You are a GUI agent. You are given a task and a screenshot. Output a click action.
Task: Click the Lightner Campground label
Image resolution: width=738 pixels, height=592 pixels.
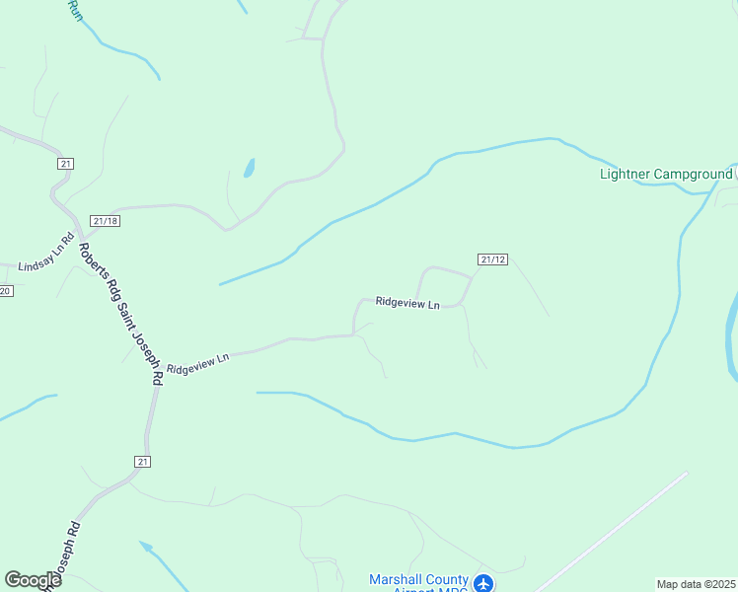point(666,175)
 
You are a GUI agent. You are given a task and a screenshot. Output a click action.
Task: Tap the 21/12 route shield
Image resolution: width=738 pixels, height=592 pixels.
point(492,259)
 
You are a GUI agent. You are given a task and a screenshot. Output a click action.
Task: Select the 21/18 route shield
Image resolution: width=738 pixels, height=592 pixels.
point(105,221)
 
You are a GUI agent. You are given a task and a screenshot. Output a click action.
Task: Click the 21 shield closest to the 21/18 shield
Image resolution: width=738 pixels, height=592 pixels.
point(66,164)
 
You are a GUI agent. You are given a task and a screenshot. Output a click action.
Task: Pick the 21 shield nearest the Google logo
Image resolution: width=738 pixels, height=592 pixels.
point(143,461)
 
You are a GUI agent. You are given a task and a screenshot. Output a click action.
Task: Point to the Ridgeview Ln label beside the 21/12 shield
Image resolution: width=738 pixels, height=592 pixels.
point(406,303)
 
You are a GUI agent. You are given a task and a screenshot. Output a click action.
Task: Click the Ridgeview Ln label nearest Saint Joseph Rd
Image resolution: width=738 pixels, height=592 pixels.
point(197,363)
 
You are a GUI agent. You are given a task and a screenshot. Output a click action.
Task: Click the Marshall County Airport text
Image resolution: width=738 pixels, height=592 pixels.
point(418,580)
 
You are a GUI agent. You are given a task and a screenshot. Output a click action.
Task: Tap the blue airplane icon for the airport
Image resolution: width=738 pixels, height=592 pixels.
point(483,583)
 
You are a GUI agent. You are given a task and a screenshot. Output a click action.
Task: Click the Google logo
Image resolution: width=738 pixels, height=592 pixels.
point(33,580)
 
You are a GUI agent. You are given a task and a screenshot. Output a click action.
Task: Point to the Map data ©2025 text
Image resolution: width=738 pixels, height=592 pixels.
point(696,584)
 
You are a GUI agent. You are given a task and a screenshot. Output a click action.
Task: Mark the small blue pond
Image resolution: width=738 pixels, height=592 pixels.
point(249,169)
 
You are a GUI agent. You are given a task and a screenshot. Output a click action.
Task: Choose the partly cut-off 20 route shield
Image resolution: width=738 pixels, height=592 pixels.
point(5,290)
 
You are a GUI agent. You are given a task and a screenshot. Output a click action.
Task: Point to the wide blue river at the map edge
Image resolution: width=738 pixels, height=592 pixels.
point(731,335)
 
